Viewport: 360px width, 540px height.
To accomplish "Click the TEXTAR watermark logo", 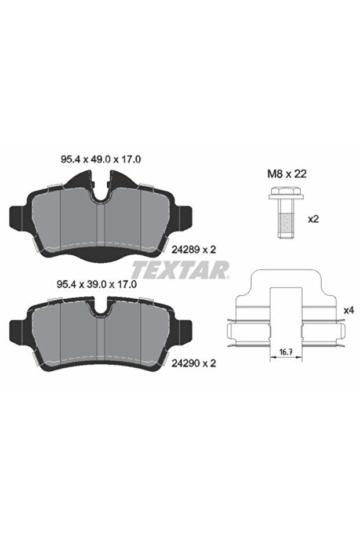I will click(x=180, y=269).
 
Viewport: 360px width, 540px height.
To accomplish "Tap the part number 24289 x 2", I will click(x=194, y=249).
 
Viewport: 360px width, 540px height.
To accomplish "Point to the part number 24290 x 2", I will click(x=194, y=363).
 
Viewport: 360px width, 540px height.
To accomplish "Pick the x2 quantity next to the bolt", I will click(x=314, y=219).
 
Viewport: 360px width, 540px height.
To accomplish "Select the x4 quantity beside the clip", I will click(x=348, y=310).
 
